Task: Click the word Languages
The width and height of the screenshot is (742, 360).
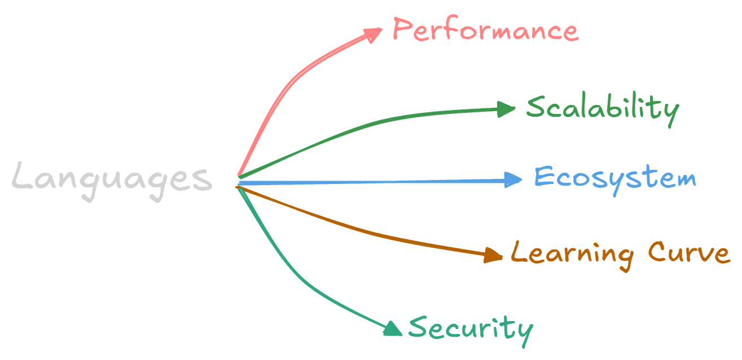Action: tap(112, 178)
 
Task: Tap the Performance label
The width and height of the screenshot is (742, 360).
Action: tap(485, 30)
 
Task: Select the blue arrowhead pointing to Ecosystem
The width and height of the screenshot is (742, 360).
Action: tap(513, 180)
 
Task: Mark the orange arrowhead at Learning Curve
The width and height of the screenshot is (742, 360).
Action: tap(494, 255)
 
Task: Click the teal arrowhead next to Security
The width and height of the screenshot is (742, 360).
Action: tap(392, 329)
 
